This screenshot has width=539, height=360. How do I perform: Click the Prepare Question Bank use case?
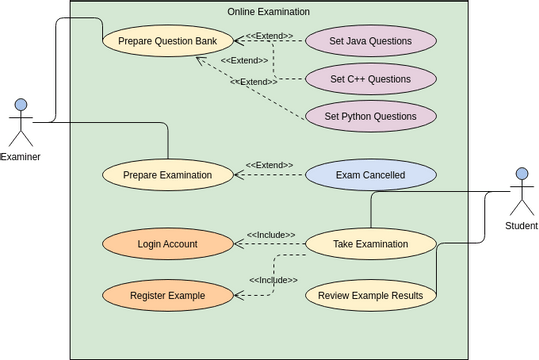point(169,41)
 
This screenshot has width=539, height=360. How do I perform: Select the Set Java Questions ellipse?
point(370,41)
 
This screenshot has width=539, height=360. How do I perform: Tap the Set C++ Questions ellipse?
point(370,79)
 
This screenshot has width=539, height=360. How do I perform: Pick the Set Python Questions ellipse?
point(370,116)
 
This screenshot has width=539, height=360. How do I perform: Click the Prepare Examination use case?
point(168,175)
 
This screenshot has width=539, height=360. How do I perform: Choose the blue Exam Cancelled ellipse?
point(370,175)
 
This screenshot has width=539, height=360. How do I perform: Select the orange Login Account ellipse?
point(168,243)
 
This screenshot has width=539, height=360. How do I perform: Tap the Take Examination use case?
point(370,243)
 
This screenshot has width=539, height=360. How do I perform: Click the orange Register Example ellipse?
point(168,295)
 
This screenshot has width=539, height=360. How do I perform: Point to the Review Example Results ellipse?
point(370,295)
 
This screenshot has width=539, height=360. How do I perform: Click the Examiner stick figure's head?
point(21,104)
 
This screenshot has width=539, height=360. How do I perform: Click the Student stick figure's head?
point(520,174)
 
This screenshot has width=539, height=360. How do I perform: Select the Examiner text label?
point(20,156)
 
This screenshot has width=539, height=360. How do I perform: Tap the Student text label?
point(520,226)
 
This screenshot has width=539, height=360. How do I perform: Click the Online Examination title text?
point(269,12)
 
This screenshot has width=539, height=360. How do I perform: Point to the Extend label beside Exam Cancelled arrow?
point(269,165)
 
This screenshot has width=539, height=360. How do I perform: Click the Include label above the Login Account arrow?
point(271,234)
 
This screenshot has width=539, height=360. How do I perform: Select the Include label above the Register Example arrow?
point(273,280)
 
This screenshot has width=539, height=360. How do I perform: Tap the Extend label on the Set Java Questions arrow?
point(270,36)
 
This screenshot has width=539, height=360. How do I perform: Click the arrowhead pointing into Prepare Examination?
point(239,175)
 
